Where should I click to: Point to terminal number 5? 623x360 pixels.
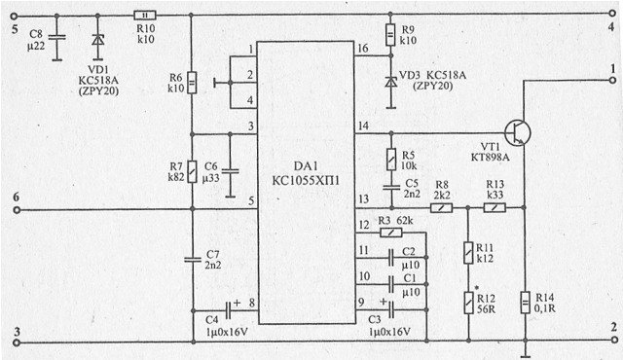coord(14,29)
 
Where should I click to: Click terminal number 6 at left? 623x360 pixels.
coord(15,198)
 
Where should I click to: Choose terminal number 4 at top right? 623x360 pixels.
coord(609,29)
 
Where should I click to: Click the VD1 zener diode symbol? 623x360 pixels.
coord(95,43)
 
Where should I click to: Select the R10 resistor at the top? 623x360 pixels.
coord(144,14)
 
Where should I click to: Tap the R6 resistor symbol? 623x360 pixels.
coord(191,83)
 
